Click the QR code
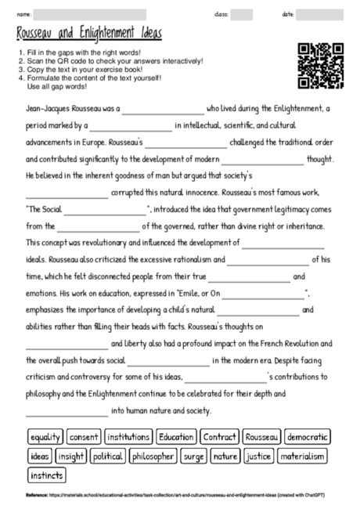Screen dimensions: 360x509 322,66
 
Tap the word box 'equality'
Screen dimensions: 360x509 45,437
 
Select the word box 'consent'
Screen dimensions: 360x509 84,437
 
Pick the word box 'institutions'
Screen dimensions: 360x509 128,437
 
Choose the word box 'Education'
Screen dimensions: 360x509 176,437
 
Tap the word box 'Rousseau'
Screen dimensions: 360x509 261,437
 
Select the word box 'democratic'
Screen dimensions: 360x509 307,437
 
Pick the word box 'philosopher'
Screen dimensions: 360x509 154,456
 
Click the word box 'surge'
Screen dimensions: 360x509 193,456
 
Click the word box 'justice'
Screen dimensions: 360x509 257,456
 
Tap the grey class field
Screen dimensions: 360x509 242,15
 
